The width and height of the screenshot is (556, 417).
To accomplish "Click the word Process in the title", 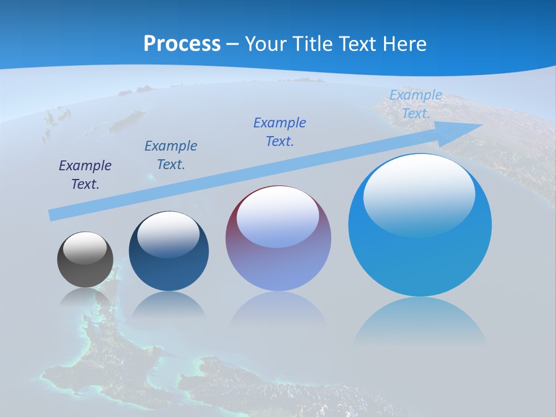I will click(x=182, y=44).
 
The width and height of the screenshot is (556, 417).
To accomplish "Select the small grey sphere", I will click(x=85, y=259).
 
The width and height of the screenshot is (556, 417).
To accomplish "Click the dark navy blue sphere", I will click(x=169, y=251).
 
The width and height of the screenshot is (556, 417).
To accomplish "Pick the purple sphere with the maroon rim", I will click(x=278, y=238).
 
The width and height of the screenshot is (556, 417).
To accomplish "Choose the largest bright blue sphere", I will click(x=420, y=225).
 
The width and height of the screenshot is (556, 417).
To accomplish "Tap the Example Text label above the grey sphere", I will click(x=85, y=175).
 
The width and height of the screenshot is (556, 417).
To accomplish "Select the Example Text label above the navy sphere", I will click(x=171, y=155).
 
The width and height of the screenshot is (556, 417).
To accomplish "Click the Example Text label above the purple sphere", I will click(x=280, y=131).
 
